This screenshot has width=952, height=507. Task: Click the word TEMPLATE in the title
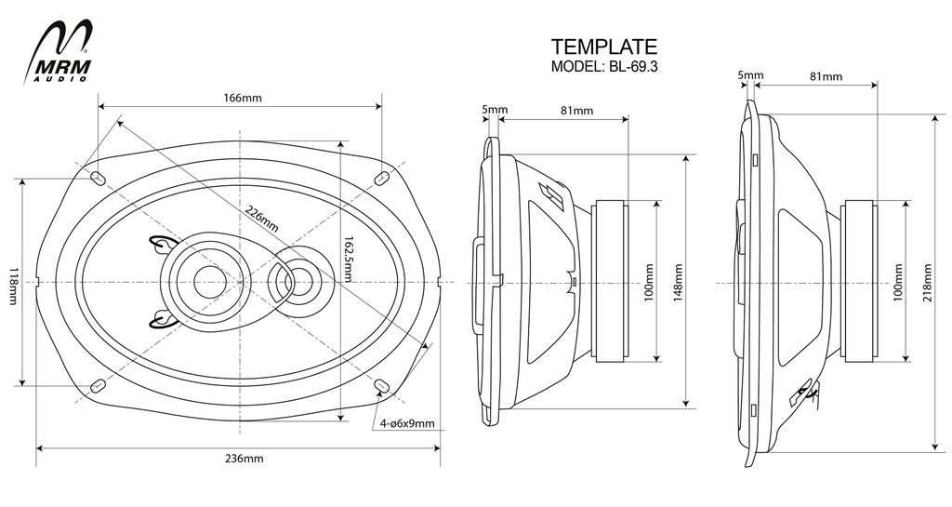pos(603,47)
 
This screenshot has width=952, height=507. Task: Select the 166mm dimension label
pos(242,99)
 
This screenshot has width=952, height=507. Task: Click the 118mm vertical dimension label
pos(13,281)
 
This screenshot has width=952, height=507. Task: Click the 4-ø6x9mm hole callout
pos(407,423)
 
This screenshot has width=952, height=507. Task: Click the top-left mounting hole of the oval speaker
pos(97,177)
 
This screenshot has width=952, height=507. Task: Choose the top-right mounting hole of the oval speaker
pos(381,177)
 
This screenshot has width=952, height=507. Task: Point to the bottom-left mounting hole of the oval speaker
pos(97,386)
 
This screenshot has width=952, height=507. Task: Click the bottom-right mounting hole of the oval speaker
pos(381,386)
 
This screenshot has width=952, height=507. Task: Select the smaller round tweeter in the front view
pos(295,279)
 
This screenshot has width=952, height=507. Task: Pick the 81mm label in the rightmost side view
pos(824,75)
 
